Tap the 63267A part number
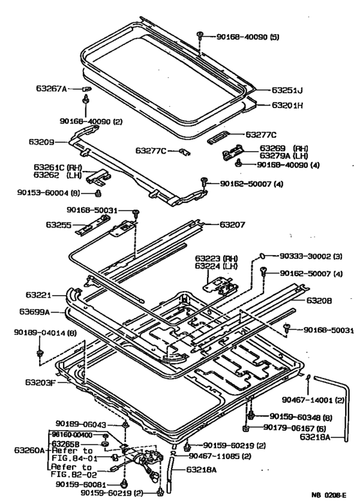pos(59,89)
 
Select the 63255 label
pos(59,225)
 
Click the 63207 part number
pos(232,224)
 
